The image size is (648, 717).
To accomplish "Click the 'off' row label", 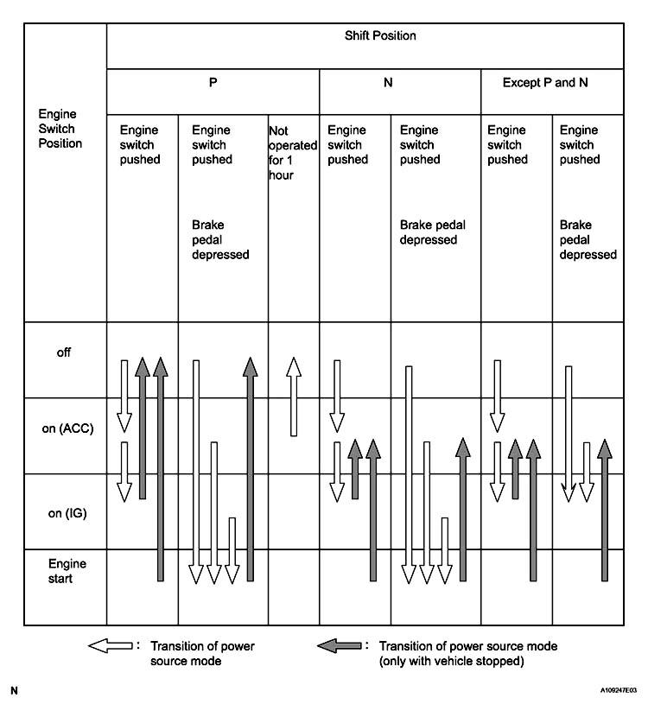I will pyautogui.click(x=63, y=352).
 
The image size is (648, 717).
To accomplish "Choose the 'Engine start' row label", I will pyautogui.click(x=67, y=571).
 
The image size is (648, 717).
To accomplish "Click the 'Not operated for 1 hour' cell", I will pyautogui.click(x=292, y=152).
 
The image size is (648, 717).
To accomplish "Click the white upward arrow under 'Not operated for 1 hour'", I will pyautogui.click(x=294, y=397).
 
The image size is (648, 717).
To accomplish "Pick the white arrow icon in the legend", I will pyautogui.click(x=110, y=645).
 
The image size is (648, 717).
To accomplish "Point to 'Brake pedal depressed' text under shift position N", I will pyautogui.click(x=432, y=232).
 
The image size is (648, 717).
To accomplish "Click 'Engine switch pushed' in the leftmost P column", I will pyautogui.click(x=141, y=144).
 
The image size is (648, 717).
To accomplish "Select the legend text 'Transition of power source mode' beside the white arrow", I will pyautogui.click(x=202, y=653).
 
